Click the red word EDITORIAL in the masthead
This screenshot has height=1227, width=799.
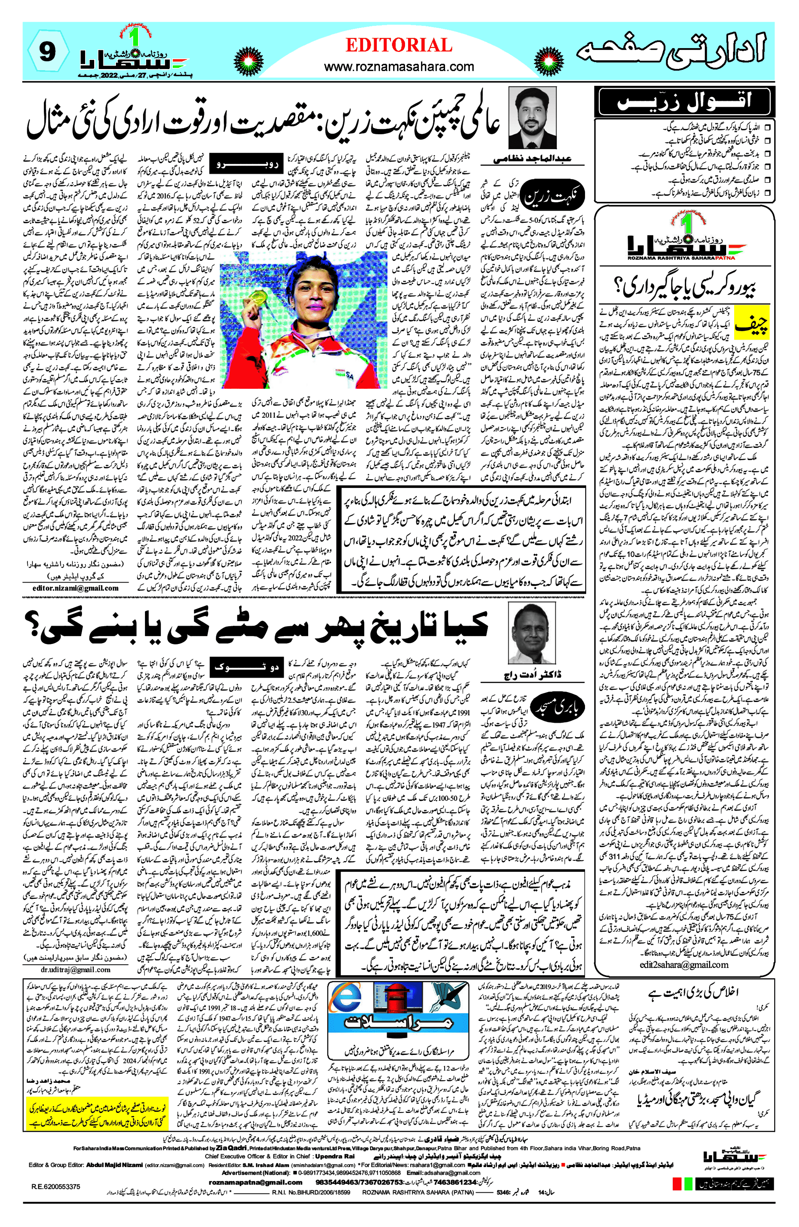[399, 45]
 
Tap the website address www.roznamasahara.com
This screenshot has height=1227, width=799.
[399, 66]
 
